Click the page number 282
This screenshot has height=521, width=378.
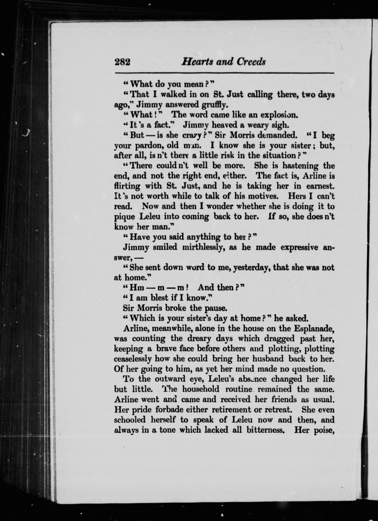[x=122, y=62]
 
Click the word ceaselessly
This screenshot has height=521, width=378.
[x=132, y=359]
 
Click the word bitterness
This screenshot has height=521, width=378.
[x=266, y=430]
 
